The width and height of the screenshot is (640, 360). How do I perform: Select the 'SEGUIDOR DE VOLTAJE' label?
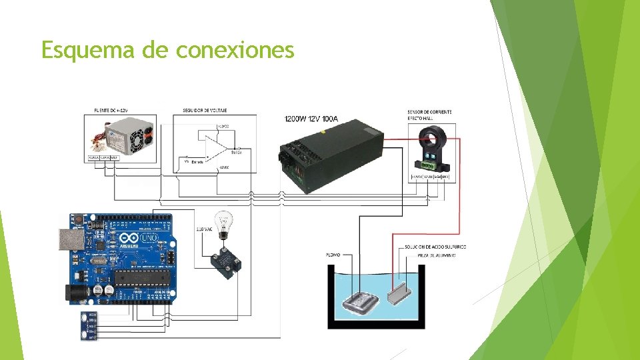coord(204,110)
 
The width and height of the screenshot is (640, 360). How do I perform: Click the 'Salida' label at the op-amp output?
coord(237,153)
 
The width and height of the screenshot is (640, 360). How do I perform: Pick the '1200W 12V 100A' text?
coord(311,119)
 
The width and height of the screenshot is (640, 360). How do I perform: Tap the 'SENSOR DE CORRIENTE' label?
coord(429,111)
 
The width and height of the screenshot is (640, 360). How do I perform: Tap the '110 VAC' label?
coord(204,230)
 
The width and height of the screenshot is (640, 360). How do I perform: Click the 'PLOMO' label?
coord(333,255)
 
